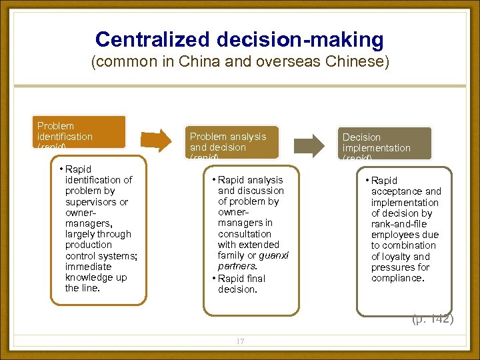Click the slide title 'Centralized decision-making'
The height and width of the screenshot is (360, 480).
tap(239, 39)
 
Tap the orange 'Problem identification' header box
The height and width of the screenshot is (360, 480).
tap(81, 131)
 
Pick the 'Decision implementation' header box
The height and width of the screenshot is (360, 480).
tap(385, 143)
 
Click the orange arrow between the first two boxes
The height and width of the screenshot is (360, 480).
tap(157, 139)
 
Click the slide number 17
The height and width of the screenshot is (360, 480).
tap(240, 341)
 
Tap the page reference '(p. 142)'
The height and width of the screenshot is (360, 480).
tap(432, 319)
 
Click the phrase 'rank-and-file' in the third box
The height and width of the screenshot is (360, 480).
tap(399, 224)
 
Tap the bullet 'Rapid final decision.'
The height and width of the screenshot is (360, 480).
tap(241, 284)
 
